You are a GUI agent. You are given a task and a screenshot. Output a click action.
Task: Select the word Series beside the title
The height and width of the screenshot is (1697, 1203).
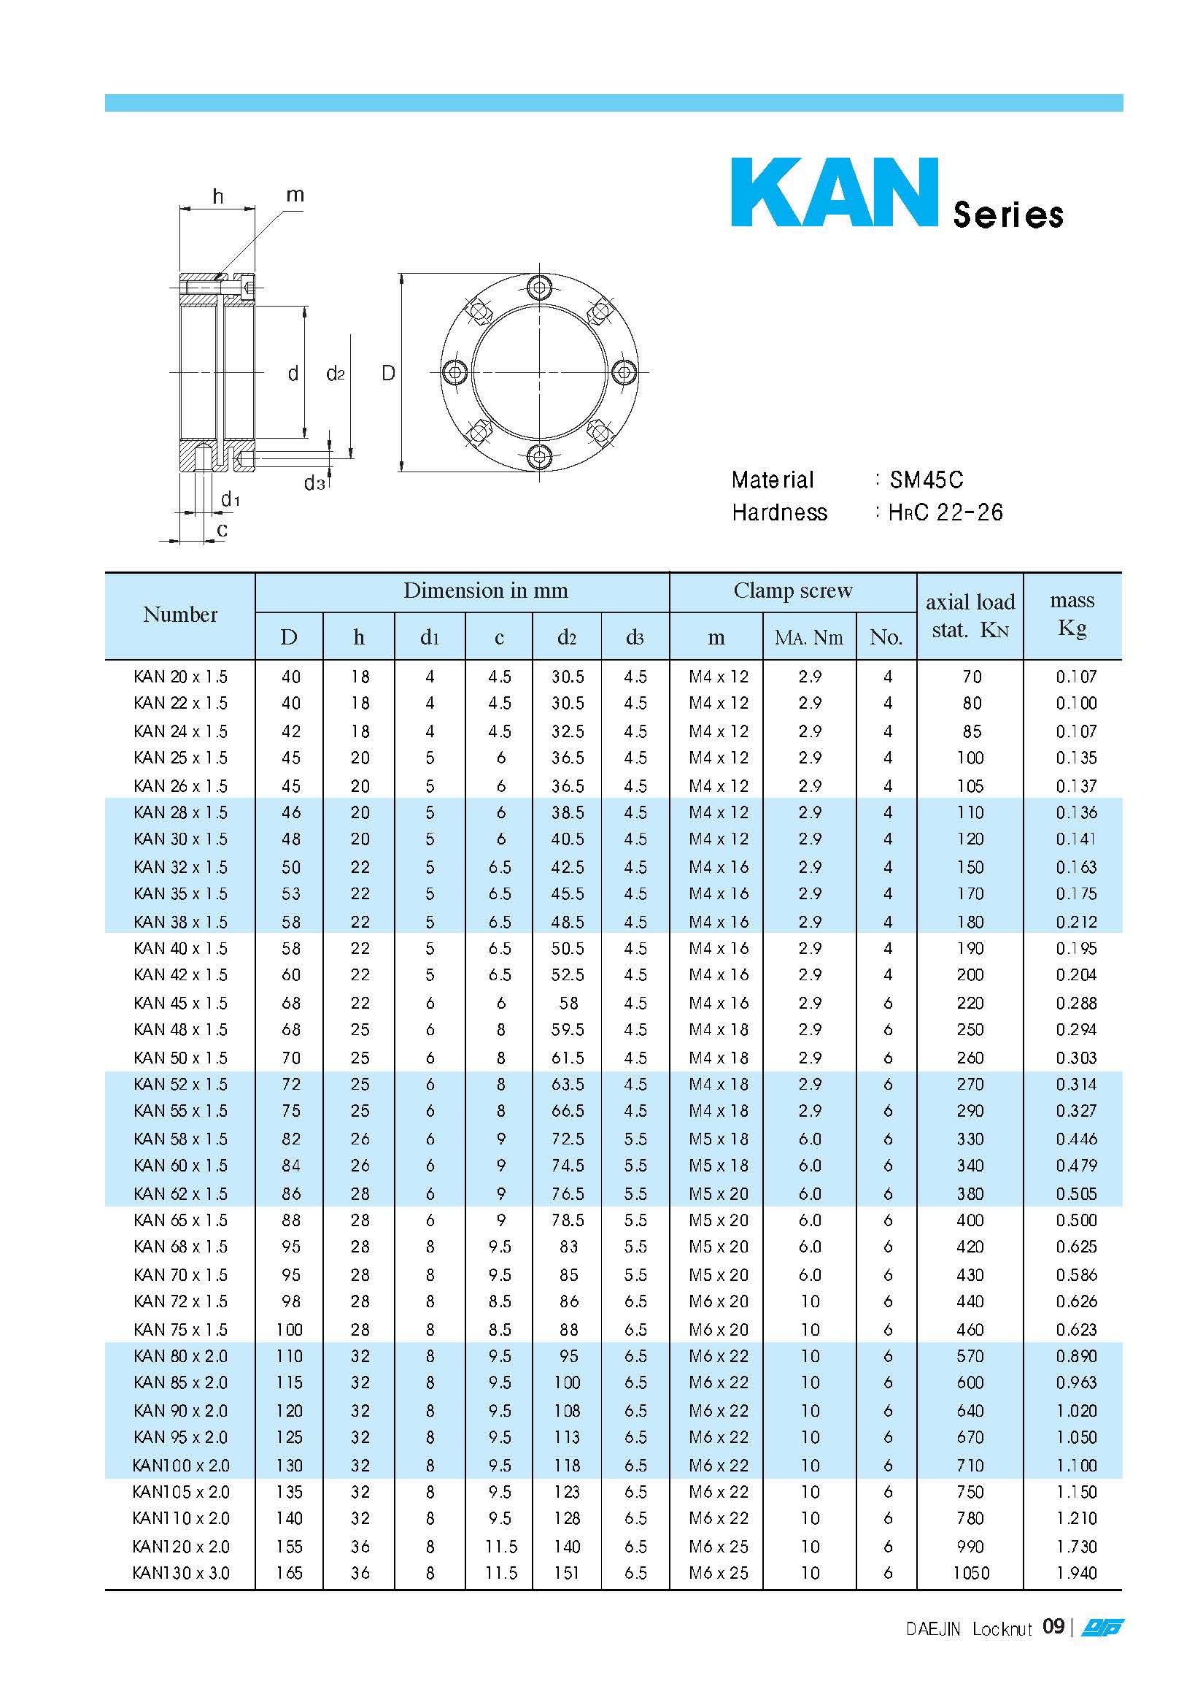pyautogui.click(x=1008, y=215)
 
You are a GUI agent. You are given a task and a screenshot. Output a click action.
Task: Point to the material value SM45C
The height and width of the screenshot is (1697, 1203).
pyautogui.click(x=926, y=480)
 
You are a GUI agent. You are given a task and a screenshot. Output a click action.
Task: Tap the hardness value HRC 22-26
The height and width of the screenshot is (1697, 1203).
pyautogui.click(x=946, y=512)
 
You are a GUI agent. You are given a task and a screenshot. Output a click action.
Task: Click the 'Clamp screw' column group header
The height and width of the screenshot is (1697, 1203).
pyautogui.click(x=792, y=590)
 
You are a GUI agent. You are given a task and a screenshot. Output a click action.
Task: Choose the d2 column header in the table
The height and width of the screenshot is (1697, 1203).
pyautogui.click(x=567, y=637)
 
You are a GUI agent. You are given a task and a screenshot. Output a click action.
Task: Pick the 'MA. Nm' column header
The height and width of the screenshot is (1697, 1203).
pyautogui.click(x=809, y=637)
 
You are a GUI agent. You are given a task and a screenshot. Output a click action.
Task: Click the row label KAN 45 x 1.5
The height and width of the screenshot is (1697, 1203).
pyautogui.click(x=181, y=1003)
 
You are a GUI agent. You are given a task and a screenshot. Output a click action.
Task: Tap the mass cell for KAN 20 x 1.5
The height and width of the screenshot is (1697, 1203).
pyautogui.click(x=1076, y=677)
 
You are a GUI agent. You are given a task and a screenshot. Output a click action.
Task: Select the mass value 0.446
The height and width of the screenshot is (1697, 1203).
pyautogui.click(x=1076, y=1139)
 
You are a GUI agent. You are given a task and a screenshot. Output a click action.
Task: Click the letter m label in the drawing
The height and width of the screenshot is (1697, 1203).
pyautogui.click(x=295, y=195)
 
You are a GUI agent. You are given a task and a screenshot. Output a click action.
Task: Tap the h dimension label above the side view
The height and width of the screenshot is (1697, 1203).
pyautogui.click(x=218, y=196)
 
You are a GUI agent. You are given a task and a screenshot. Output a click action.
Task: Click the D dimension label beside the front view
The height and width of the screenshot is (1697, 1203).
pyautogui.click(x=388, y=374)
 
